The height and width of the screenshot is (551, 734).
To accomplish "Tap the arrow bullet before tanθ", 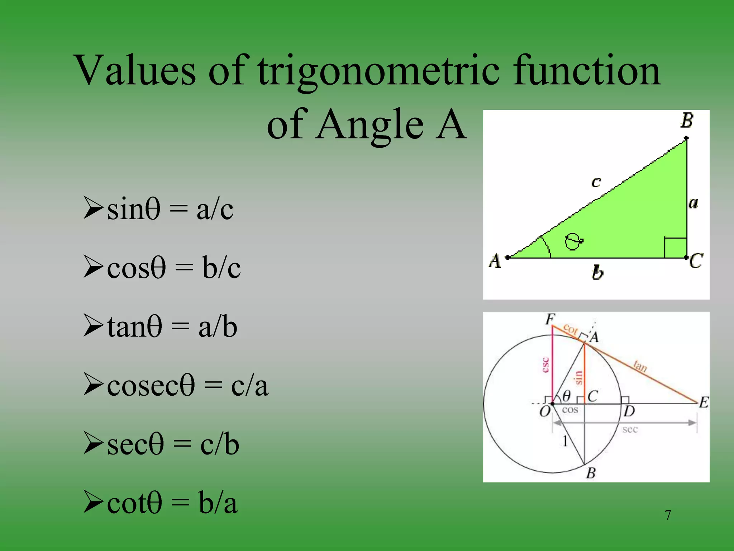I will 94,325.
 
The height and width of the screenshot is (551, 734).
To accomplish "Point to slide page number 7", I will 668,515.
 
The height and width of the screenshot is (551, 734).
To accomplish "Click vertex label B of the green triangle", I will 687,121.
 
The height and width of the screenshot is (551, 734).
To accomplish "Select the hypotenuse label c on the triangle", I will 596,182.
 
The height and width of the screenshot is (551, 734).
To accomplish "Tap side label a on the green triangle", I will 693,203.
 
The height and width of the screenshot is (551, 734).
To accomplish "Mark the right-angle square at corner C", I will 675,248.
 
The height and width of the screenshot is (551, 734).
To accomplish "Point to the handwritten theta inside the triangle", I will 573,241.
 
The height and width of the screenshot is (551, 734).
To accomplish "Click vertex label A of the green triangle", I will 495,261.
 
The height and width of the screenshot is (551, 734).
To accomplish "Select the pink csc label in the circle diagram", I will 545,365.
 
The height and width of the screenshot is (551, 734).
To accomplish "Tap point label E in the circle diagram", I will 704,402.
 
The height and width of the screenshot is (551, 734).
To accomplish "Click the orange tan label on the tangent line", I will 640,366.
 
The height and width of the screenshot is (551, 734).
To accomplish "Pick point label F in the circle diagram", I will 550,319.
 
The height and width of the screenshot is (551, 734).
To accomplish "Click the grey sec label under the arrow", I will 630,429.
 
